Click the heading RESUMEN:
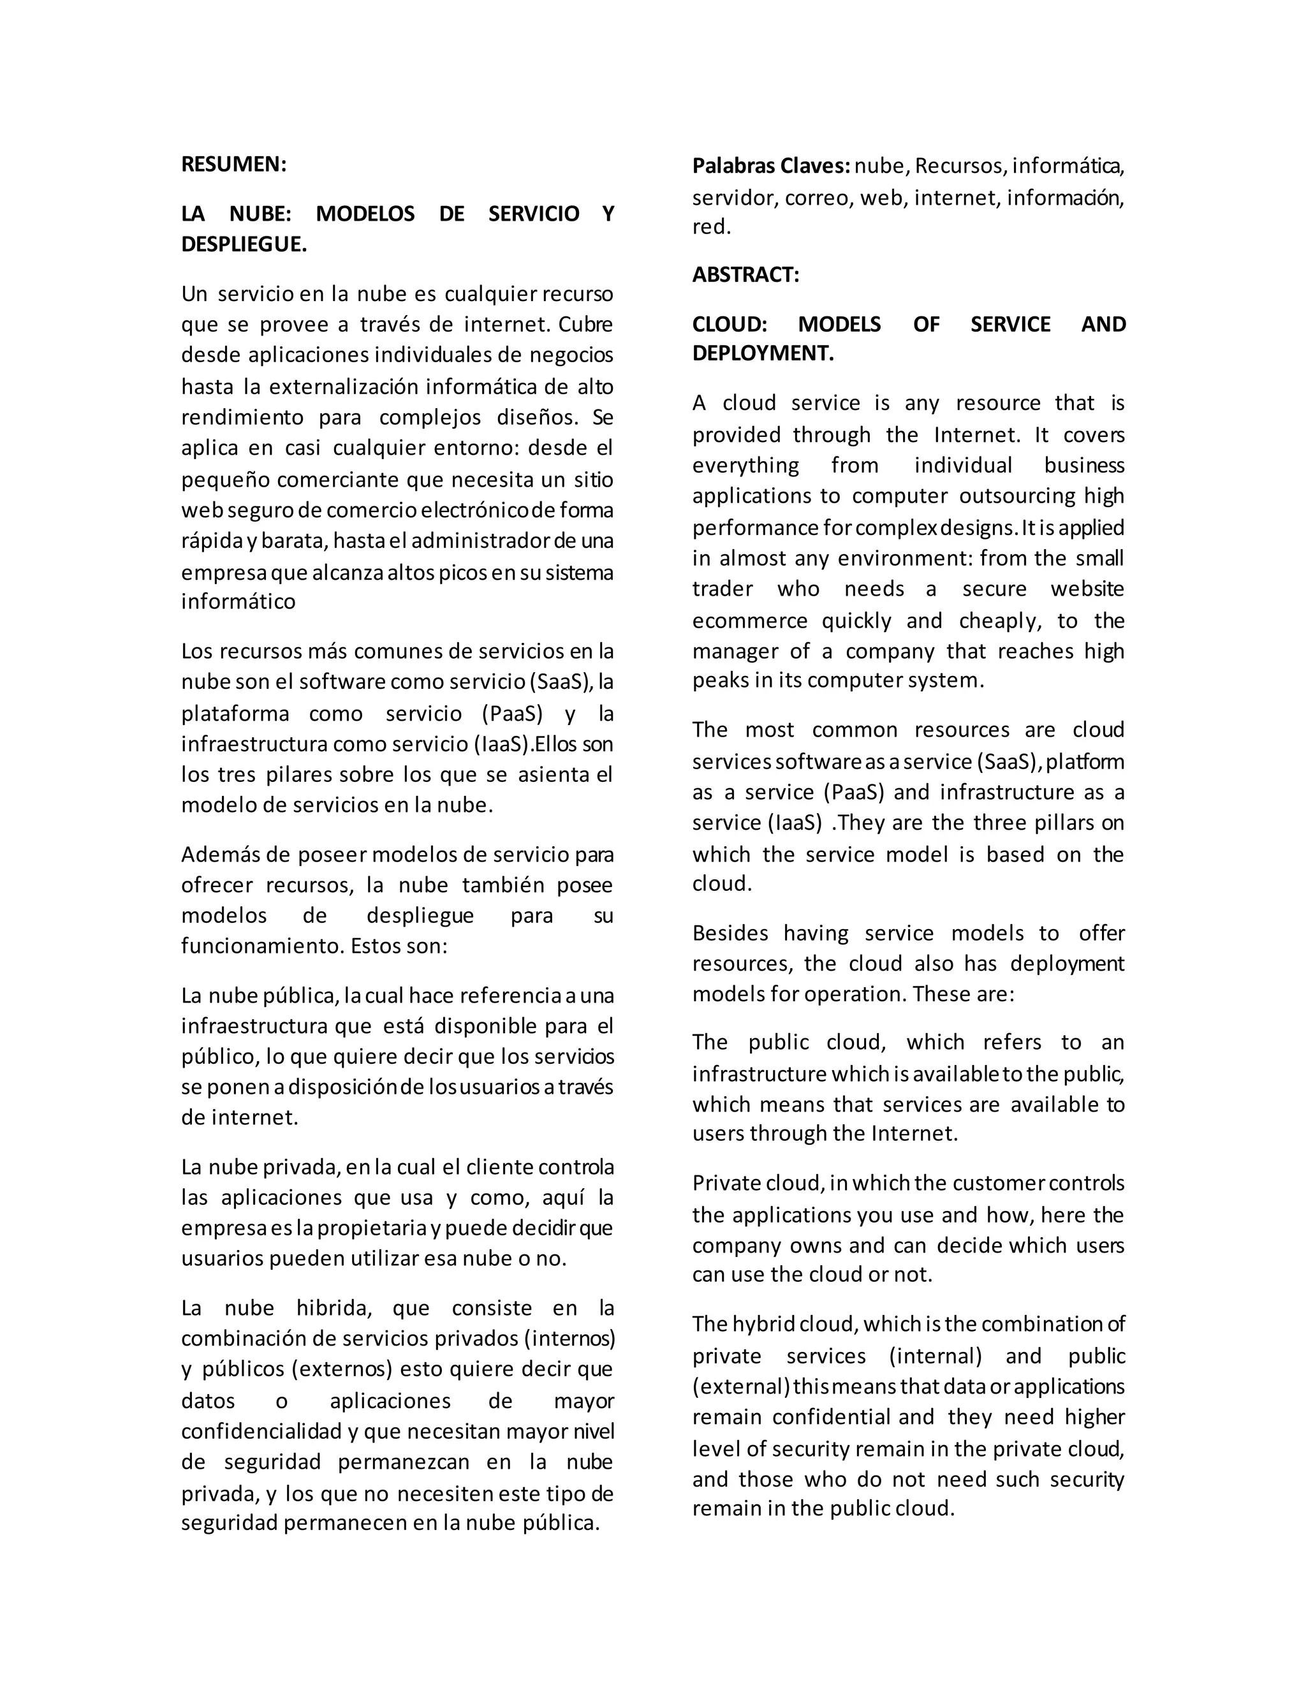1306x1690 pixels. (233, 164)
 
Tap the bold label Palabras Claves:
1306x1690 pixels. (770, 166)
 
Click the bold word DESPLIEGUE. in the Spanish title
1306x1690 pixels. (244, 244)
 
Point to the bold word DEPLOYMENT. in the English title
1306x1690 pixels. (763, 354)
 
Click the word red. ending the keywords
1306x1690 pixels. (711, 228)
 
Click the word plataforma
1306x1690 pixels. (235, 714)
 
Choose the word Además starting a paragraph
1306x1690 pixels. (217, 855)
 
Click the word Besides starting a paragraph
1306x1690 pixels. (730, 933)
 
